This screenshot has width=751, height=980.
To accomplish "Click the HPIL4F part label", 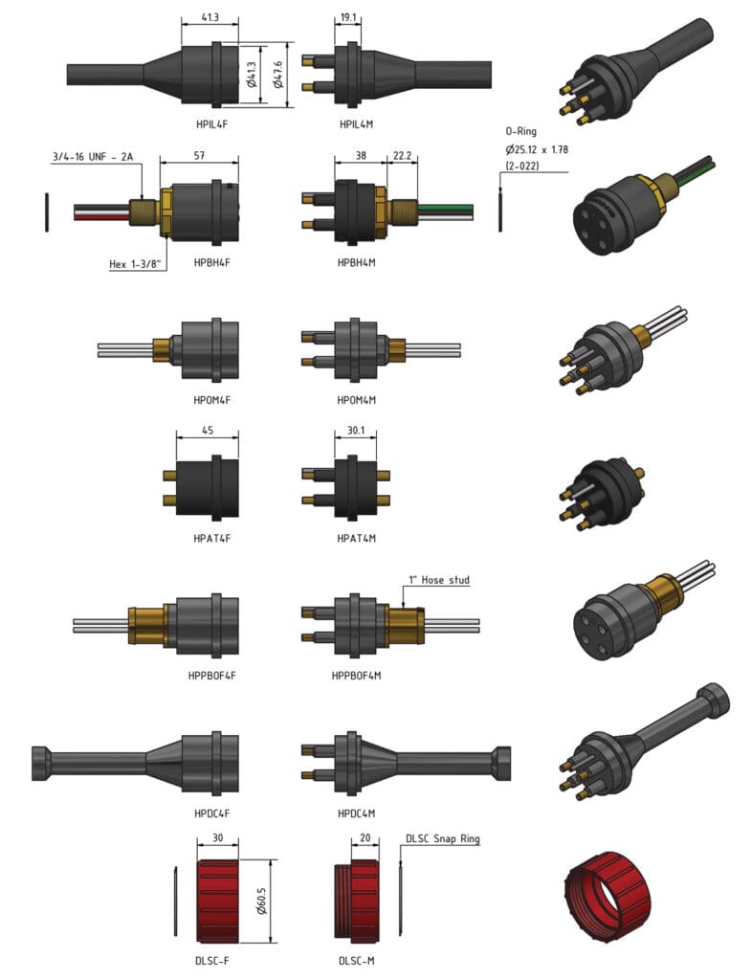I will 210,124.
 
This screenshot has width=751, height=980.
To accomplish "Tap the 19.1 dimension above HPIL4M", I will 348,16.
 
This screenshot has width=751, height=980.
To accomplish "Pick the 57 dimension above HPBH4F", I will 199,155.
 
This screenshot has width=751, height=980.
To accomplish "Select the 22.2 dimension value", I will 402,155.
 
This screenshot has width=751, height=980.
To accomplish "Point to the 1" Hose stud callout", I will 439,580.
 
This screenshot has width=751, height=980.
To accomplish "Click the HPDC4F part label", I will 210,813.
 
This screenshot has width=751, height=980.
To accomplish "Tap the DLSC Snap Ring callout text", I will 443,839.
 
